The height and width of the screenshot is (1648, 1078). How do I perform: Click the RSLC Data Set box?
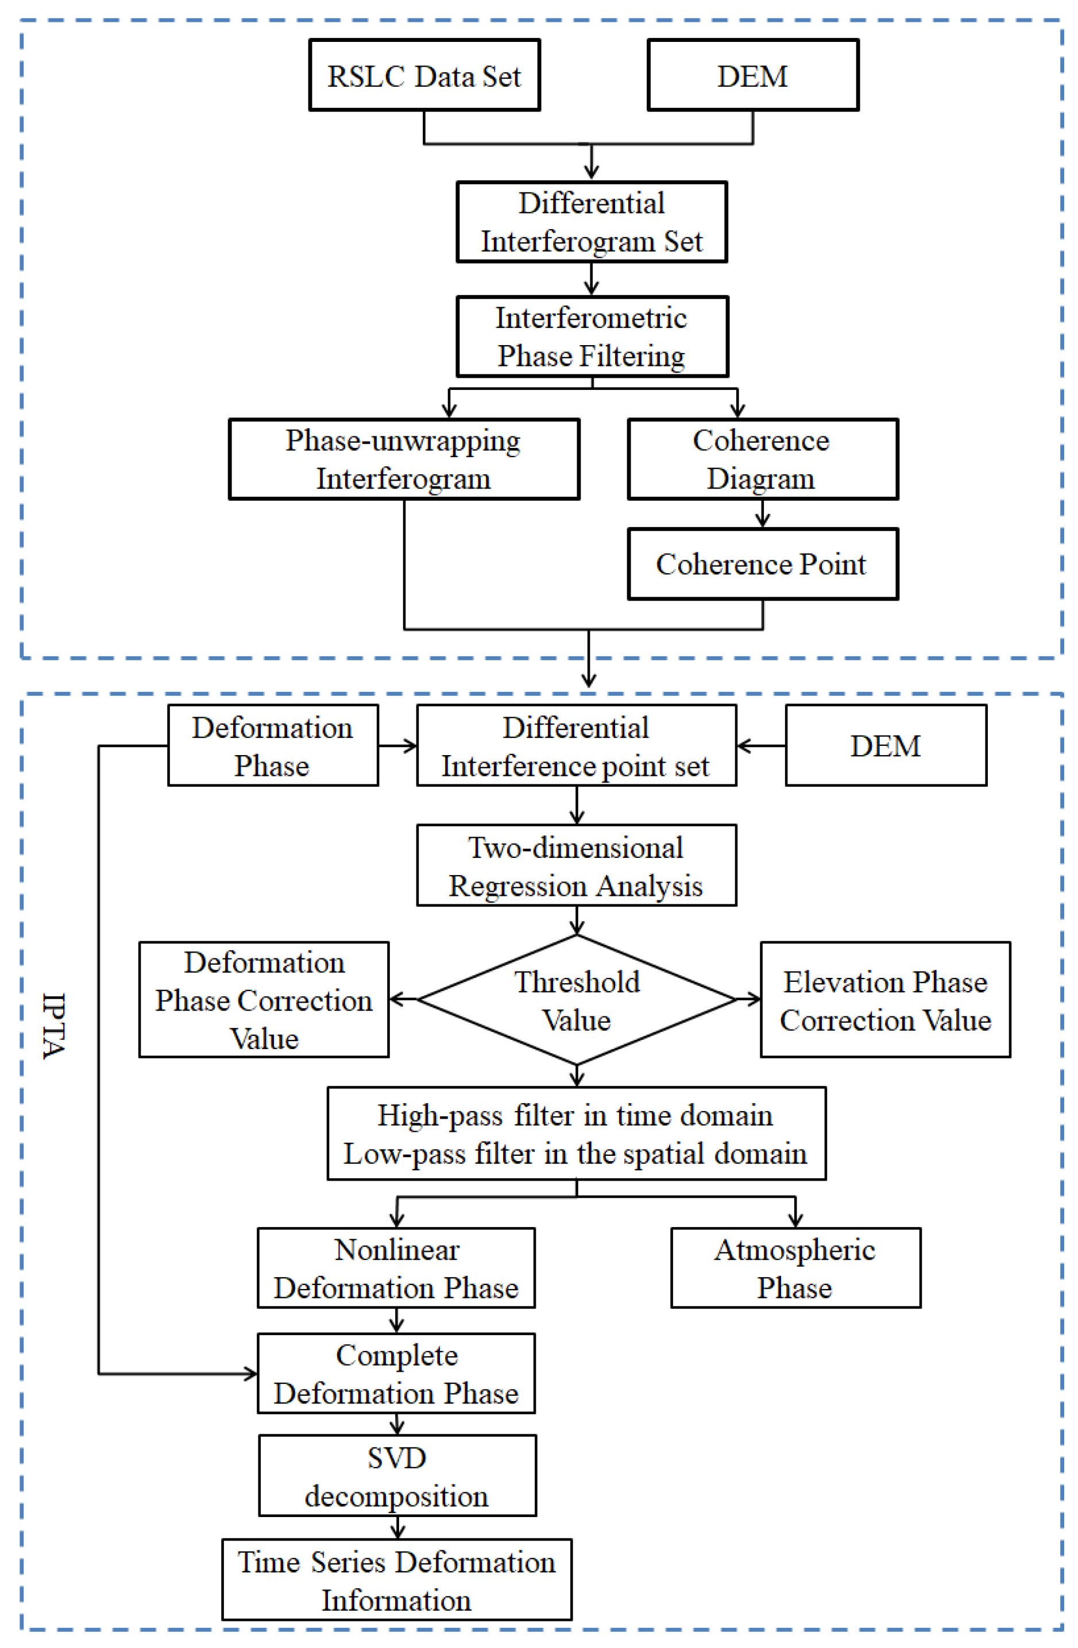point(424,75)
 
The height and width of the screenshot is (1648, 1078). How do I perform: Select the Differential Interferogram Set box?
point(592,222)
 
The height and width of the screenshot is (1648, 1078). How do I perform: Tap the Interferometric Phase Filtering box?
point(592,336)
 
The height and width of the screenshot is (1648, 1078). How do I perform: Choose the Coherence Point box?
point(762,564)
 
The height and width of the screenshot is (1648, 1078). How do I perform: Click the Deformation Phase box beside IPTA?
point(273,746)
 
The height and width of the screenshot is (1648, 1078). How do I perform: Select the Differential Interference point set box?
point(576,746)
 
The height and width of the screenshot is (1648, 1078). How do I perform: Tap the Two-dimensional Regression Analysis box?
point(576,865)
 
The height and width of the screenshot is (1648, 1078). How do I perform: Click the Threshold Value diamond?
point(576,1000)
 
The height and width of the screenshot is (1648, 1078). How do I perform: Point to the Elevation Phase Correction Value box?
point(885,1000)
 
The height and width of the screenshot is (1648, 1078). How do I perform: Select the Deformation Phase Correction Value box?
point(264,1000)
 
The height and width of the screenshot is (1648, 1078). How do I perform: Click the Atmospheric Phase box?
point(795,1268)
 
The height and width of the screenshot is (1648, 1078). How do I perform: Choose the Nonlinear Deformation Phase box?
point(396,1268)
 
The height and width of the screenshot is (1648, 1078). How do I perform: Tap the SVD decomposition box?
point(397,1476)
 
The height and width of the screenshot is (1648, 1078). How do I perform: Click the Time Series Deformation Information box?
point(397,1580)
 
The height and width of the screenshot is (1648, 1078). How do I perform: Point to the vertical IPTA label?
point(54,1026)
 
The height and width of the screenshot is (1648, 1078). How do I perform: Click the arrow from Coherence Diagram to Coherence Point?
point(762,514)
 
